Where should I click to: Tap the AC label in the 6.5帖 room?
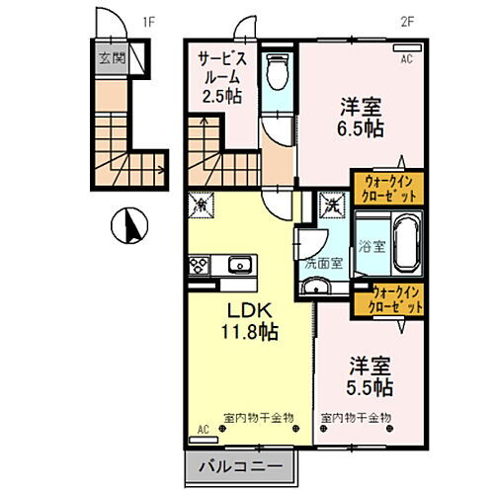pyautogui.click(x=405, y=59)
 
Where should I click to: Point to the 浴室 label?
pyautogui.click(x=371, y=244)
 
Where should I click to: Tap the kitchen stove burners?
pyautogui.click(x=198, y=265)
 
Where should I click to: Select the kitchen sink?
pyautogui.click(x=238, y=265)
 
